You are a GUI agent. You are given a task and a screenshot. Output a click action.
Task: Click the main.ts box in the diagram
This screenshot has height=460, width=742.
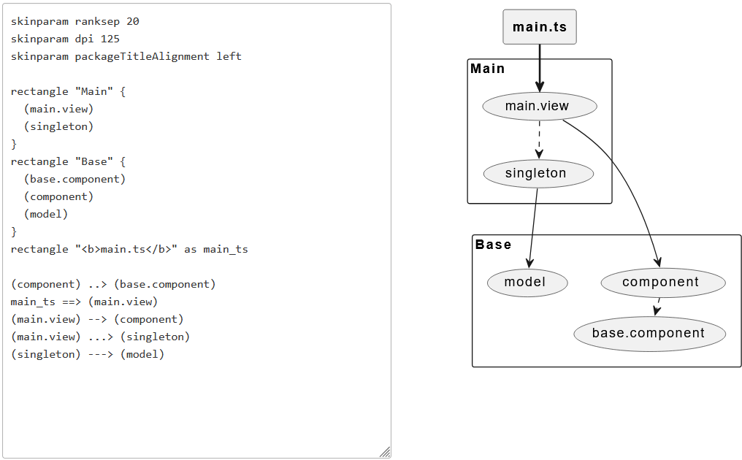540,27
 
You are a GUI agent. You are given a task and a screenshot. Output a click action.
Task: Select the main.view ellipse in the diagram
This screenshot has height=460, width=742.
540,107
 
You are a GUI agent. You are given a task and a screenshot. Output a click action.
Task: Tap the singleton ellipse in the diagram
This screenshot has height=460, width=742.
538,174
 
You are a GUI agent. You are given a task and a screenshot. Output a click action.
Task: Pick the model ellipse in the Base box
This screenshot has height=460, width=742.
527,283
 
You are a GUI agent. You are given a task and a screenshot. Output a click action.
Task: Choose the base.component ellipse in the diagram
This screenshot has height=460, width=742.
649,334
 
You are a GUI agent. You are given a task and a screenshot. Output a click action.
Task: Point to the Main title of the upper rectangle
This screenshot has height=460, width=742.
488,69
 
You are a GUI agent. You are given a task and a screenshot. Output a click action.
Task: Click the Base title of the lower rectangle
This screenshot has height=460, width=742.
494,245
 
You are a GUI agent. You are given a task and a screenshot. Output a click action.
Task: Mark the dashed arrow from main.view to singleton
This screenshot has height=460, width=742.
539,139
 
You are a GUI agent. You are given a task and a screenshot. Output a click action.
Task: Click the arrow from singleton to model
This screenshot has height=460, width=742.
532,226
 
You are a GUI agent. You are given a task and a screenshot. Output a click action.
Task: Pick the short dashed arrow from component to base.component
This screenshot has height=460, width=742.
658,307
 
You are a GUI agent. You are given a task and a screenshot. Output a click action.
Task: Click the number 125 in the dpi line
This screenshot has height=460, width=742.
110,39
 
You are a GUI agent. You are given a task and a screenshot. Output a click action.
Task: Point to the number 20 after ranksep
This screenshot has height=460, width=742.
133,21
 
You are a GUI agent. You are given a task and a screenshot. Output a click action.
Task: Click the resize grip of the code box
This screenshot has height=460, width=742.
385,452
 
